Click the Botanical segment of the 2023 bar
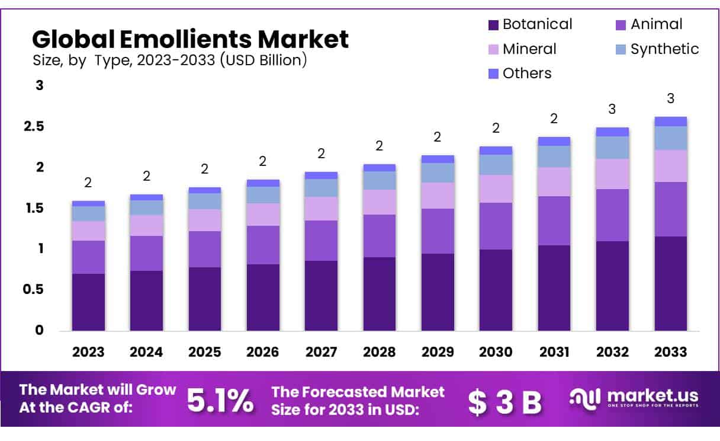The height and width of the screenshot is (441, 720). [88, 302]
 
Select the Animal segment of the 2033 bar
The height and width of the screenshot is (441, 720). [671, 209]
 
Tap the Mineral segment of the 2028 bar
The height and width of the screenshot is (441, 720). [380, 202]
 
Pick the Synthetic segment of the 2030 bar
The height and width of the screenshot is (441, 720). [496, 165]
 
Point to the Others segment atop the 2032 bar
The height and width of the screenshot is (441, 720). [613, 132]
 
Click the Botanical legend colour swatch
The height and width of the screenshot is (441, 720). [493, 25]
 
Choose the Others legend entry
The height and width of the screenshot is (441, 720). [526, 73]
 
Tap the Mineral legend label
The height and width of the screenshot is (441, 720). [529, 49]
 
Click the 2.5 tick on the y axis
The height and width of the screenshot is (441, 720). [34, 126]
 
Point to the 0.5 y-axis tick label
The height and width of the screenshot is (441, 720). [34, 289]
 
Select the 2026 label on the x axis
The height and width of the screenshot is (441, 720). [263, 351]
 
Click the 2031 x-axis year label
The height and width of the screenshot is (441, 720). [554, 351]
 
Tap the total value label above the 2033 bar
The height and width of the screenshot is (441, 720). [671, 98]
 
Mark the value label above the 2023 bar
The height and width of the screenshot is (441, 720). [88, 183]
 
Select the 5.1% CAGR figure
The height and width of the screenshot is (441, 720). [220, 401]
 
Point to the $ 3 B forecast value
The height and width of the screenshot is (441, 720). [504, 402]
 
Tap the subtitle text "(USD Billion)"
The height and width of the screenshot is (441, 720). [263, 60]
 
